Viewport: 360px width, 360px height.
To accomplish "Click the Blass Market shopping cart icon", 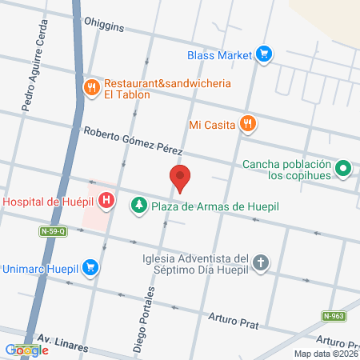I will click(265, 55).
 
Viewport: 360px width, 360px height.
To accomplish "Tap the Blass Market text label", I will click(219, 55).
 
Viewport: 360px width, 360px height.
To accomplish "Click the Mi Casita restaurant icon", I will click(249, 123).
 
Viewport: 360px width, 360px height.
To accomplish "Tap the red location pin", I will click(181, 178).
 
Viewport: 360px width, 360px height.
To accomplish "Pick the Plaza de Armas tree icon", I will click(139, 206).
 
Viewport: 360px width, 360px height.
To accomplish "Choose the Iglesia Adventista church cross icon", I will click(261, 262).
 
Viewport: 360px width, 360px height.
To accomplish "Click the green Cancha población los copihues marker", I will click(343, 168).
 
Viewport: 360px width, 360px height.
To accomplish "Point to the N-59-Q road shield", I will click(53, 232).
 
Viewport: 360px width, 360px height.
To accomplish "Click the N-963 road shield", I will click(334, 316).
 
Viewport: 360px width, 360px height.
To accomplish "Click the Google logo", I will click(26, 350).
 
